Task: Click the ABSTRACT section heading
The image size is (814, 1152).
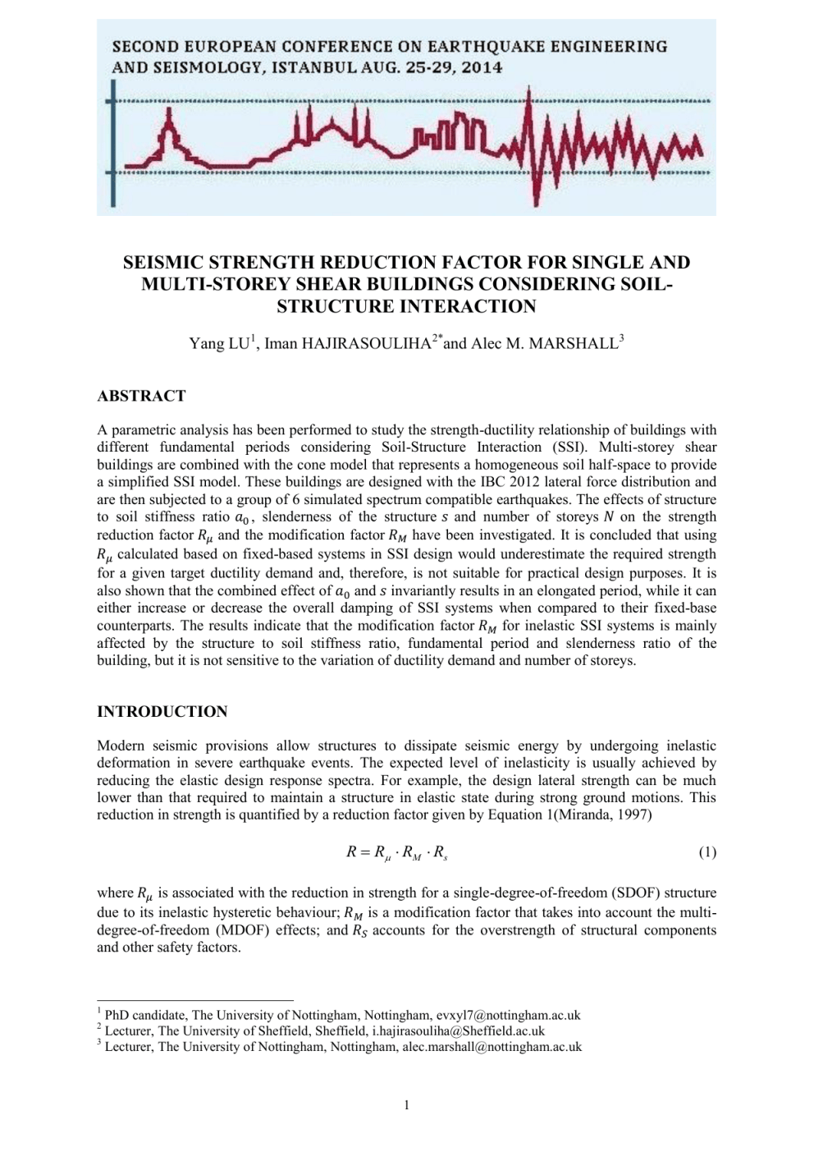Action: (141, 396)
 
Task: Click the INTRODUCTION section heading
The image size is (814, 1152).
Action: (162, 712)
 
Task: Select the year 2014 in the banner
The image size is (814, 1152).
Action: (481, 67)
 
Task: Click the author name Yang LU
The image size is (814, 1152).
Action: (219, 343)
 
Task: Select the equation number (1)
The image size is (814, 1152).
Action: (707, 852)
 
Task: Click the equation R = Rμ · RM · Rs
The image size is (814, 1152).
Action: (396, 852)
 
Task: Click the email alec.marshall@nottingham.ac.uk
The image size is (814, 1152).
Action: (492, 1046)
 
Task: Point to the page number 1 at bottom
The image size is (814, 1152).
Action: (406, 1105)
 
